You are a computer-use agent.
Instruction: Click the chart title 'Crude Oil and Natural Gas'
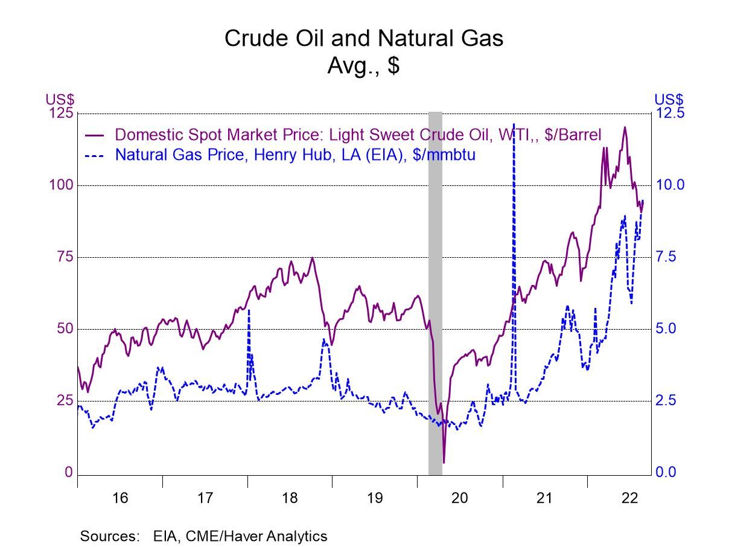tap(364, 38)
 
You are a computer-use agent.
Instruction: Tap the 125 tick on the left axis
tap(60, 114)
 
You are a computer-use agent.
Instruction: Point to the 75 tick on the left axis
tap(64, 257)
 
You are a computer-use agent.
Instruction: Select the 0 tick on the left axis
tap(69, 473)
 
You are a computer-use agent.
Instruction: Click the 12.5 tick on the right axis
tap(670, 114)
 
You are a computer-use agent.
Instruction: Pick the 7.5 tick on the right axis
tap(667, 257)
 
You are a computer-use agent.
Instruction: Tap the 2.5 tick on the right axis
tap(667, 401)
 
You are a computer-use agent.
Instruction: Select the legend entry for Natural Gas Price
tap(295, 155)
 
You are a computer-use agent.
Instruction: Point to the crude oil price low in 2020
tap(444, 462)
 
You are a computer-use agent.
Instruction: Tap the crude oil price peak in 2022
tap(624, 127)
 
